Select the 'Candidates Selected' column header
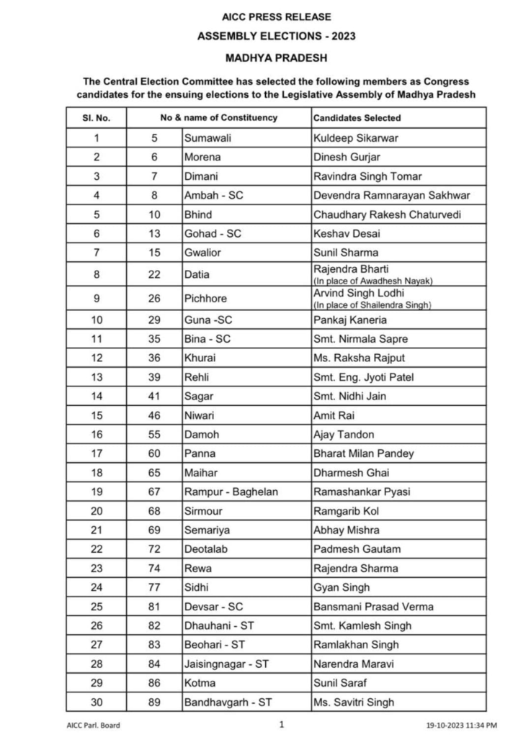pos(357,117)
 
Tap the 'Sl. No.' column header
pos(97,117)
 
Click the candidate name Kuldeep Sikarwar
pos(355,137)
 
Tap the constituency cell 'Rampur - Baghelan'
pos(228,492)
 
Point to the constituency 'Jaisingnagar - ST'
pos(226,664)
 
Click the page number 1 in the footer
pos(282,724)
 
